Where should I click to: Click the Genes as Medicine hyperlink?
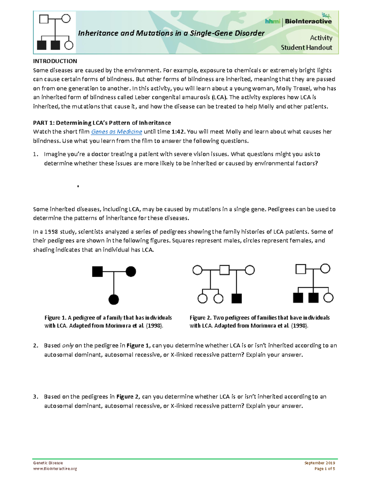click(116, 132)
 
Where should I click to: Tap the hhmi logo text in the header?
click(272, 21)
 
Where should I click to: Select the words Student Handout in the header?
click(306, 47)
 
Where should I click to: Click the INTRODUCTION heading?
click(55, 61)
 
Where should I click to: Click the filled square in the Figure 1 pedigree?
click(97, 271)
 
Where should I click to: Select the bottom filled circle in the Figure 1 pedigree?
click(113, 299)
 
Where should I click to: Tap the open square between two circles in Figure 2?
click(224, 270)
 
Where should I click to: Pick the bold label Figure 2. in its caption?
click(201, 318)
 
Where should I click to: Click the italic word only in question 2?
click(68, 345)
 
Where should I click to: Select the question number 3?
click(36, 397)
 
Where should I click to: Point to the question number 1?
click(36, 154)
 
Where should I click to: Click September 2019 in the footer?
click(319, 463)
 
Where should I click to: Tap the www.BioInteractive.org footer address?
click(55, 468)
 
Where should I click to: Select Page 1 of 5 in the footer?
click(325, 468)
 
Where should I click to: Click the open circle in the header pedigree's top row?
click(66, 19)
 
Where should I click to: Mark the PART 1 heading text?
click(102, 122)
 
